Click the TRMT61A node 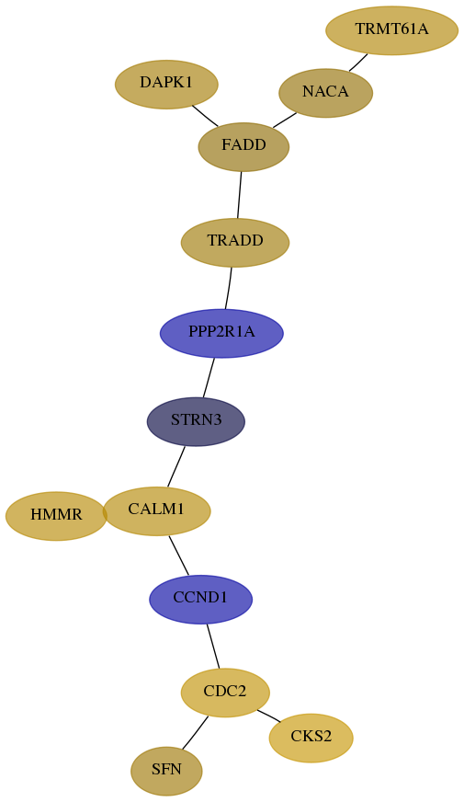coord(392,30)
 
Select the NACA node coord(325,93)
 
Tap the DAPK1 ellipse coord(166,85)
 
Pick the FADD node coord(243,147)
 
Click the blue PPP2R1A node coord(221,334)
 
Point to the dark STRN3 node coord(197,421)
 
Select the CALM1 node coord(156,511)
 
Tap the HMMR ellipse coord(56,516)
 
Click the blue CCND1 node coord(201,599)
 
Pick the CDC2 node coord(225,693)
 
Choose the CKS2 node coord(311,738)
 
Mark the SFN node coord(166,771)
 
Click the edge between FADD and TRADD coord(239,195)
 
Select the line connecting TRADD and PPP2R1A coord(229,288)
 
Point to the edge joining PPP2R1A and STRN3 coord(209,377)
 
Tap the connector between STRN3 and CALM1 coord(176,466)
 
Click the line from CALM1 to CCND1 coord(179,555)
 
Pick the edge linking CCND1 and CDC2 coord(213,646)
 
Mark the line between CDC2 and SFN coord(195,733)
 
